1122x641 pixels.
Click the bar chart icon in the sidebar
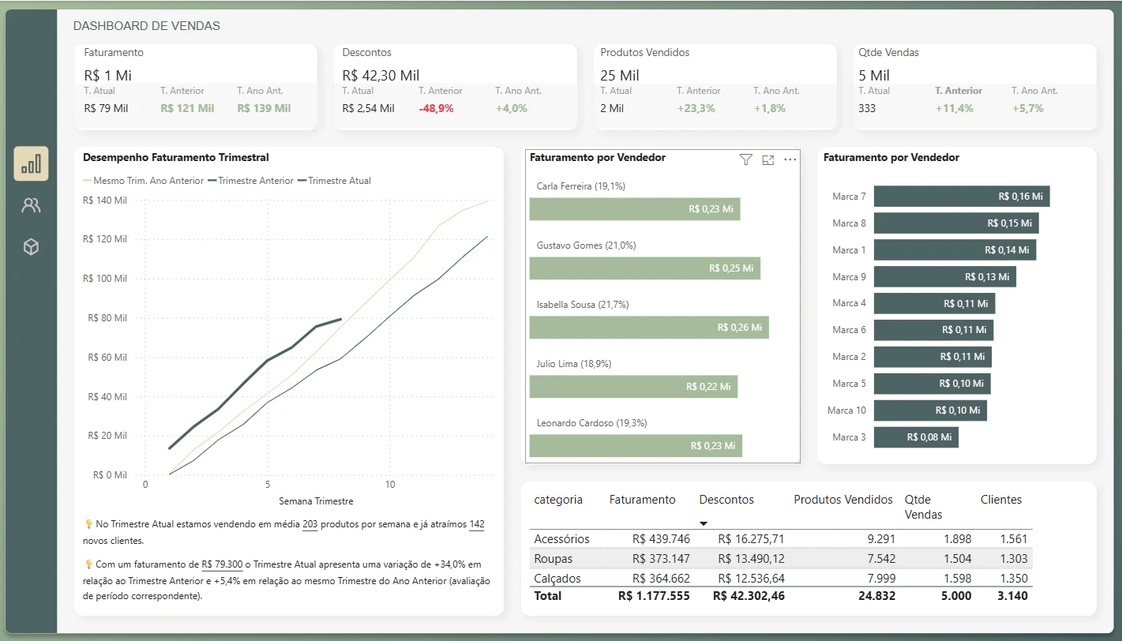click(31, 163)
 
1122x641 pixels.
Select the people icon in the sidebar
click(31, 205)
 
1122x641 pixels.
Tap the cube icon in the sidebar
click(31, 247)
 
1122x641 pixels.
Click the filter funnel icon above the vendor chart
click(745, 159)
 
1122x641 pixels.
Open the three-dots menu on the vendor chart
click(790, 159)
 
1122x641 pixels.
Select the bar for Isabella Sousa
click(649, 328)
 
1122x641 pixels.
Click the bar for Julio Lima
click(633, 387)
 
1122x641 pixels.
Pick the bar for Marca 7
click(962, 197)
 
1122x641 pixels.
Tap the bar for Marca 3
click(916, 437)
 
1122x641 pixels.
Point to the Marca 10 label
click(846, 410)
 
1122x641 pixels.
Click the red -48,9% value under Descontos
click(437, 108)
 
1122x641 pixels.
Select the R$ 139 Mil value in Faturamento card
click(264, 108)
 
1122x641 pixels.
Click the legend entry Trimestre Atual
click(339, 181)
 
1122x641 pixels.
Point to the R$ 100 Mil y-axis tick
click(105, 279)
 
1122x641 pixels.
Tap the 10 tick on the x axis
click(390, 484)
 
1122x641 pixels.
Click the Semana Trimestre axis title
click(316, 501)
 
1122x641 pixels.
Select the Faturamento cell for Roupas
click(661, 558)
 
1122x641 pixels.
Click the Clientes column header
click(1000, 499)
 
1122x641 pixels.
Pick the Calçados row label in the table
click(557, 579)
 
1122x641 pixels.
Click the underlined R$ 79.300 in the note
click(222, 564)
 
